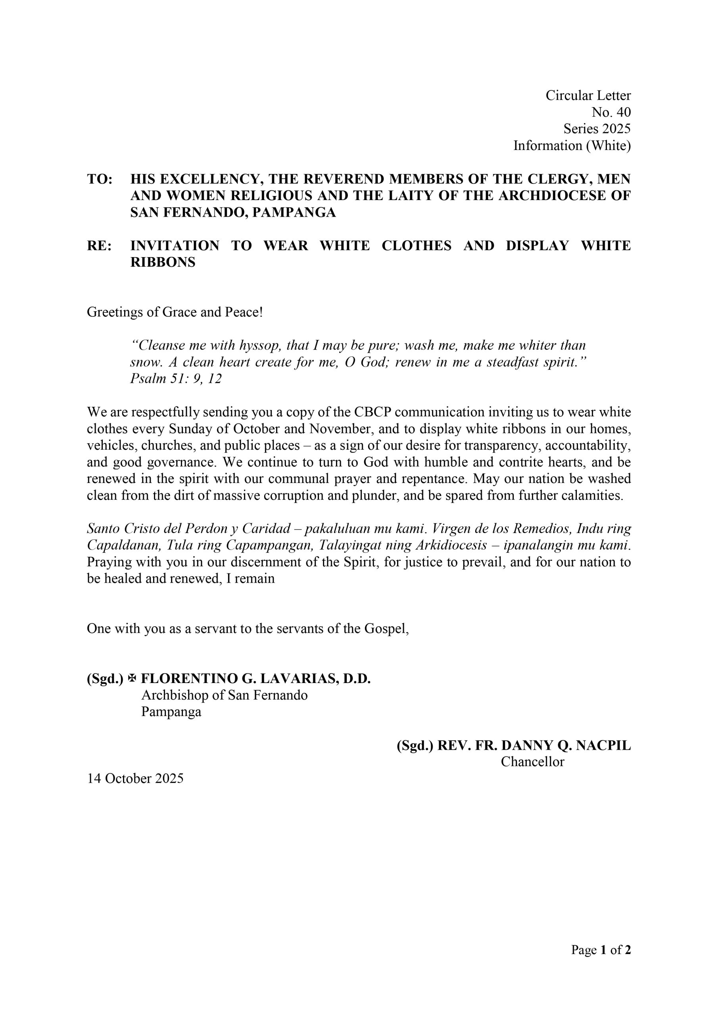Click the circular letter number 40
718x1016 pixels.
[x=611, y=112]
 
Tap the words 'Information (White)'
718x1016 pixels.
[x=572, y=146]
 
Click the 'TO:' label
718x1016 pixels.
[x=100, y=179]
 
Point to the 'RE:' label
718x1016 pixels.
[x=100, y=246]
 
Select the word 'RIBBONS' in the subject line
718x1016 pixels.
[x=162, y=262]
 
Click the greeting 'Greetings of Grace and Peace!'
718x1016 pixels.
[x=175, y=312]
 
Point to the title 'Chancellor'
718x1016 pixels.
[x=532, y=762]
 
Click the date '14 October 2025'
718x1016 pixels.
[x=135, y=778]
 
